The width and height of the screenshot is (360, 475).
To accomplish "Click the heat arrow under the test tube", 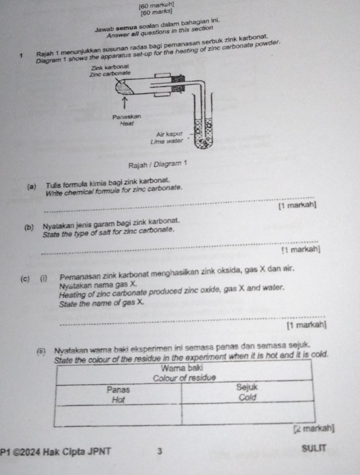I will (x=125, y=100).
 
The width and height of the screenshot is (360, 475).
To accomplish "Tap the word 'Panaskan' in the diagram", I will (x=126, y=115).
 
